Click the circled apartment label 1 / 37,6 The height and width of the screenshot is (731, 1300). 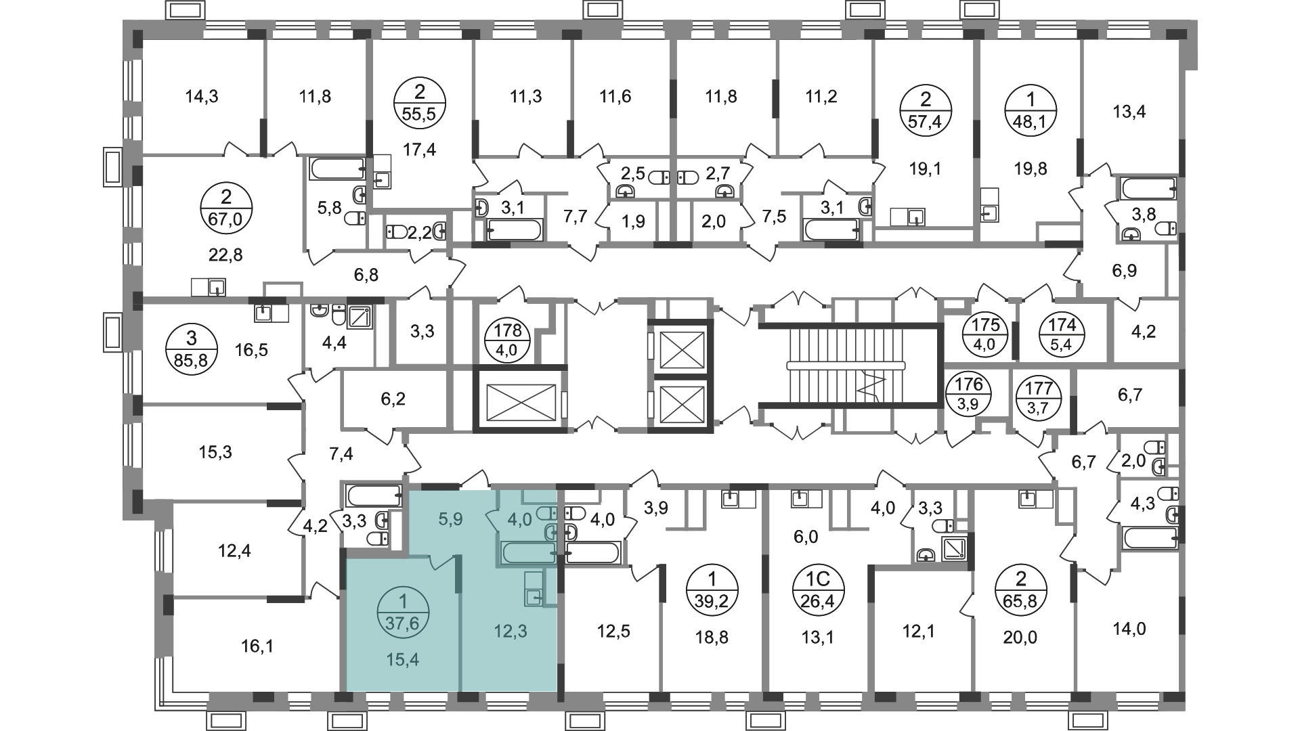404,613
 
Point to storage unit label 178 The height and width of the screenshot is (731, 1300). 508,338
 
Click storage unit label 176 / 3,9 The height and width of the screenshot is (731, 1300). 969,395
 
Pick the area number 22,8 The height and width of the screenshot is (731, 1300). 226,255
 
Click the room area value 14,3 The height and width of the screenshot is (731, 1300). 202,97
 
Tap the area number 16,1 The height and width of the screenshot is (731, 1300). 257,646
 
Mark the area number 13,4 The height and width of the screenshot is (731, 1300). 1129,111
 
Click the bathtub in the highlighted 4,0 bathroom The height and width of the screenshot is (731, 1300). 528,552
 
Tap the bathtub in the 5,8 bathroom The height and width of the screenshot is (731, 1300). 338,169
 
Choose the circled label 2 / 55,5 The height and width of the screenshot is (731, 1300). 419,104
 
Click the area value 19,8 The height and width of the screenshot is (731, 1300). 1031,168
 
